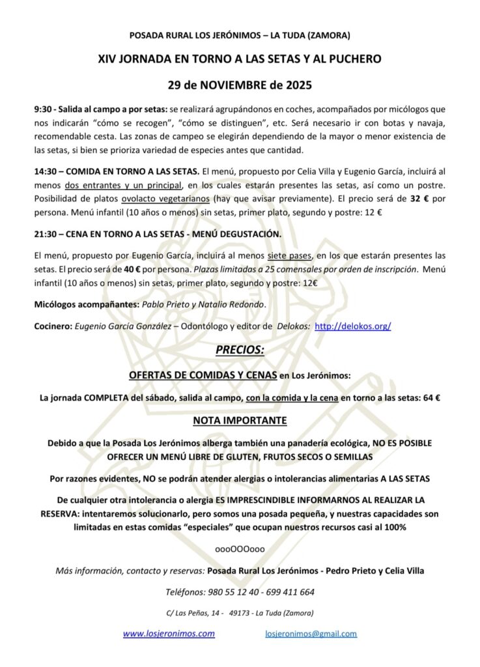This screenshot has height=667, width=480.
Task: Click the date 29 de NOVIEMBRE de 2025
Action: tap(240, 85)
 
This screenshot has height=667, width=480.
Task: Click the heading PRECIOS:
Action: tap(240, 350)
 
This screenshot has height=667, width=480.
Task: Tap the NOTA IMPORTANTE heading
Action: tap(240, 420)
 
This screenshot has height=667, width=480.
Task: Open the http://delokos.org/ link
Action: tap(352, 326)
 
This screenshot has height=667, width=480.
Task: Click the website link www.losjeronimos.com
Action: tap(169, 633)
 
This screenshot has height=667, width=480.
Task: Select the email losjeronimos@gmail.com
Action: tap(311, 633)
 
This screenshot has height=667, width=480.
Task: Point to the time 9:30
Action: tap(43, 110)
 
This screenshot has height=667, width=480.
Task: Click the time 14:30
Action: tap(46, 171)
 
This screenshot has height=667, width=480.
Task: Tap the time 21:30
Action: tap(46, 233)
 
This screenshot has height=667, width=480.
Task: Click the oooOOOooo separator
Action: tap(240, 549)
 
